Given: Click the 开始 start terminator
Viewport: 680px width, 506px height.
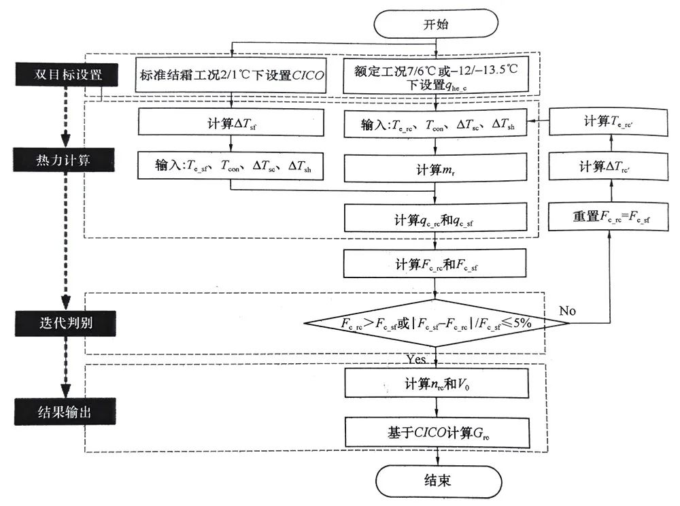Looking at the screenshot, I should (435, 25).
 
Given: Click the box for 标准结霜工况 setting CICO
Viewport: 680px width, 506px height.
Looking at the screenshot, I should (231, 75).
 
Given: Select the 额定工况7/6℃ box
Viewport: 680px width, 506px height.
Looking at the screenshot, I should (436, 75).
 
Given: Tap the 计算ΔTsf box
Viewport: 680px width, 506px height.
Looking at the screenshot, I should (231, 123).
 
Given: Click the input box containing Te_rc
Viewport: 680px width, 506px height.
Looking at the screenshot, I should (436, 125).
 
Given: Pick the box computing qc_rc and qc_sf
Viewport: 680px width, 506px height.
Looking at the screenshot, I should (436, 220).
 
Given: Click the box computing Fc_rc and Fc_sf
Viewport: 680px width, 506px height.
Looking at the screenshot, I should (436, 264).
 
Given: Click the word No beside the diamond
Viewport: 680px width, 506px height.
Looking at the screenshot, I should (568, 310).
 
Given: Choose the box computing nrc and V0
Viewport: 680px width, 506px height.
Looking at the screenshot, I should (436, 383).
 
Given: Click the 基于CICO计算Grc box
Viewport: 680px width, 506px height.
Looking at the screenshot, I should (436, 433).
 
